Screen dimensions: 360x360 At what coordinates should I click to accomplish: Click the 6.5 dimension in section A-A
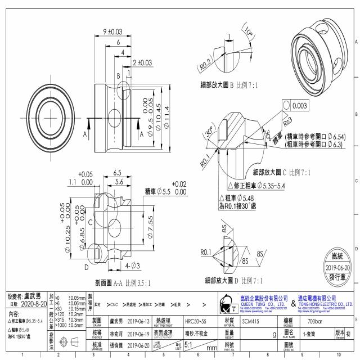(x=118, y=173)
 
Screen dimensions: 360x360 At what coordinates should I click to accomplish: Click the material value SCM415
(x=251, y=321)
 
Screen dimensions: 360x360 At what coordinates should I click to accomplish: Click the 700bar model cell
(x=315, y=321)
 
